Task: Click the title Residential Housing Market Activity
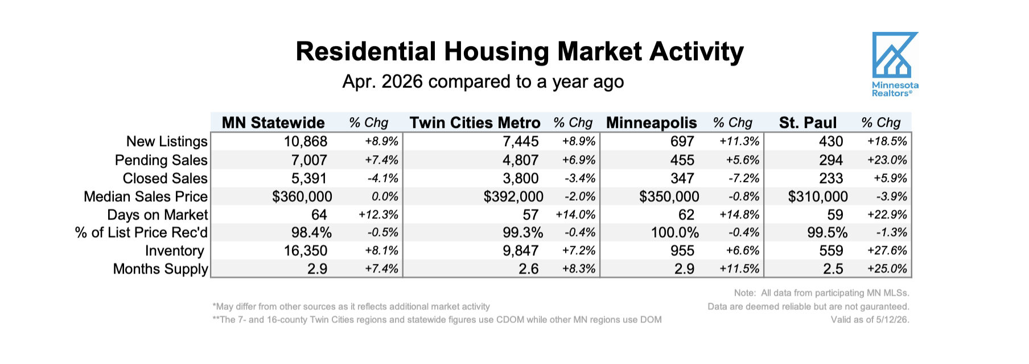pyautogui.click(x=520, y=51)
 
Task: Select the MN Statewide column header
pyautogui.click(x=273, y=123)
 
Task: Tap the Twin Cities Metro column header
pyautogui.click(x=475, y=123)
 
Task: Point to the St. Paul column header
pyautogui.click(x=808, y=123)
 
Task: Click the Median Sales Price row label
pyautogui.click(x=146, y=197)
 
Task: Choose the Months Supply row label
pyautogui.click(x=160, y=269)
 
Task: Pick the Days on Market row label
pyautogui.click(x=158, y=215)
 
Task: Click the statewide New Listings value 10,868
pyautogui.click(x=306, y=142)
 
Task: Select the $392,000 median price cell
pyautogui.click(x=513, y=197)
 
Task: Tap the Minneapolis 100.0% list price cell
pyautogui.click(x=675, y=233)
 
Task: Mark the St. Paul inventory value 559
pyautogui.click(x=831, y=251)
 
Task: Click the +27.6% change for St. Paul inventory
pyautogui.click(x=887, y=251)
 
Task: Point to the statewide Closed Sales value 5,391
pyautogui.click(x=309, y=179)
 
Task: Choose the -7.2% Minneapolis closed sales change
pyautogui.click(x=744, y=179)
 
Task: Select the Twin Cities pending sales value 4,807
pyautogui.click(x=520, y=160)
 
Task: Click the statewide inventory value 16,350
pyautogui.click(x=306, y=251)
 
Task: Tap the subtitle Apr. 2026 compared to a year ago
pyautogui.click(x=483, y=82)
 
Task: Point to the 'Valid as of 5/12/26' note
pyautogui.click(x=870, y=320)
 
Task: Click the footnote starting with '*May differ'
pyautogui.click(x=351, y=307)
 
